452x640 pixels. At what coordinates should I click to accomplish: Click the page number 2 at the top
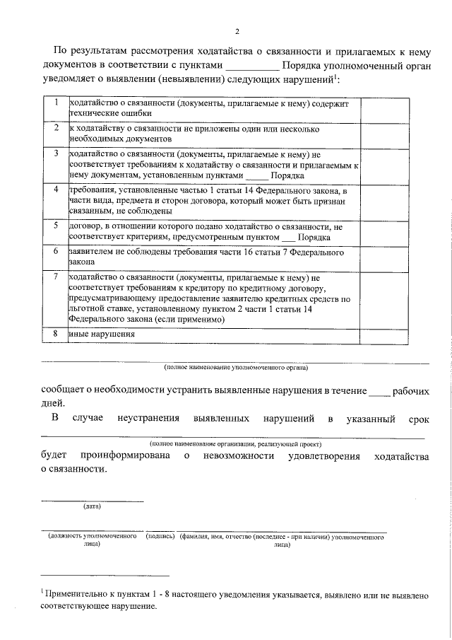coord(237,30)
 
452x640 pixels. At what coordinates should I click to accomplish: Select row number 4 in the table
coord(55,190)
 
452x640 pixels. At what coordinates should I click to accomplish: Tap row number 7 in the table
coord(55,277)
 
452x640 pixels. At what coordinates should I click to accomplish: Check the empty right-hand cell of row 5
coord(383,231)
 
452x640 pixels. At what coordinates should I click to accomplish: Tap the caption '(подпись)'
coord(160,537)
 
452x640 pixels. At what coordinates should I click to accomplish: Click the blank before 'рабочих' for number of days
coord(379,390)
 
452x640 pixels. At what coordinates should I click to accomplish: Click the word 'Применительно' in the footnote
coord(75,596)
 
